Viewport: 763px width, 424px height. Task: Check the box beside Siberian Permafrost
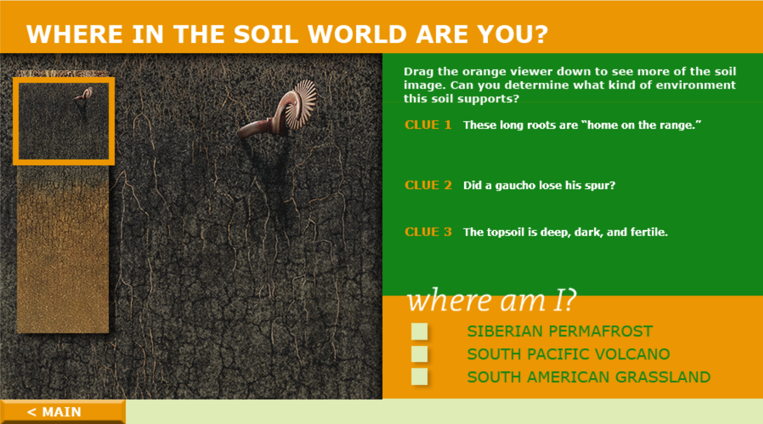[419, 331]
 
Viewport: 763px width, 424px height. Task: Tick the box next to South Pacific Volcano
[419, 354]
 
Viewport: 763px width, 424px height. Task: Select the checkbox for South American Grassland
[419, 377]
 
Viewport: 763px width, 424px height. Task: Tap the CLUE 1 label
[428, 125]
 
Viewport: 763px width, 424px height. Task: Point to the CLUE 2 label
[428, 185]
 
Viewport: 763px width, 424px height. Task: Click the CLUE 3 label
[428, 232]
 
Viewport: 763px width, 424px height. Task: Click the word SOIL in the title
[266, 34]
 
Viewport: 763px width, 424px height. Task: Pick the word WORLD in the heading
[357, 34]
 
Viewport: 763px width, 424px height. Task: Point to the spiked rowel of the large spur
[302, 104]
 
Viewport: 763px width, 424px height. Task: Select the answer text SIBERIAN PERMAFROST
[560, 331]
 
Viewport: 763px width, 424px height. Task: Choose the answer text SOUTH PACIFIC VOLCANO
[568, 354]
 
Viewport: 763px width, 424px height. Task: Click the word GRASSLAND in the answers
[662, 377]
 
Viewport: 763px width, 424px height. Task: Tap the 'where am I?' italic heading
[492, 300]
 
